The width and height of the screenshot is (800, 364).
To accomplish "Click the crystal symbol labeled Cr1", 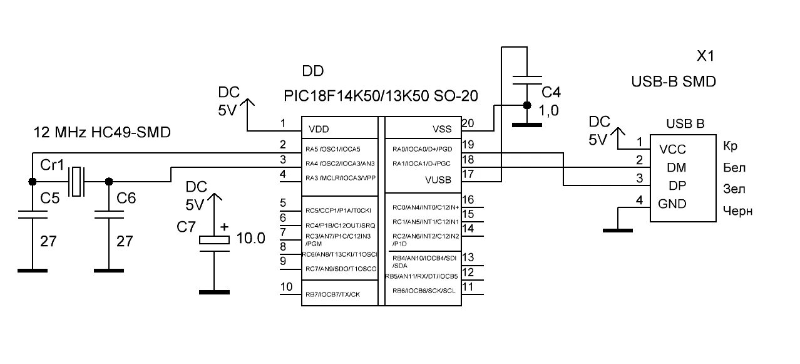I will point(76,181).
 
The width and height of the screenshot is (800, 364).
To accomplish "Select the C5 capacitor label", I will point(50,199).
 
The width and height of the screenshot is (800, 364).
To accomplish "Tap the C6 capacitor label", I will point(126,199).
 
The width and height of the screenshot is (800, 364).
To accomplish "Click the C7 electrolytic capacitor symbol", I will point(214,241).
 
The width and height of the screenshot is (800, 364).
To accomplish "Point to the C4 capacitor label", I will point(551,93).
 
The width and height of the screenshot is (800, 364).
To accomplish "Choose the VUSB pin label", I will point(438,180).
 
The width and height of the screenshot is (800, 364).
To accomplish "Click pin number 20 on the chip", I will point(468,123).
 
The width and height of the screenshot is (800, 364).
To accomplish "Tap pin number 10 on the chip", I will point(286,287).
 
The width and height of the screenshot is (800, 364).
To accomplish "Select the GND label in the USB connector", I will point(671,204).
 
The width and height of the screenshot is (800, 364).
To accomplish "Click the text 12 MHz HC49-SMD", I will point(101,133).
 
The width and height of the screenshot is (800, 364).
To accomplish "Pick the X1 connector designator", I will point(705,56).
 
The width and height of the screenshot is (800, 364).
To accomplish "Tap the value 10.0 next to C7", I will point(252,238).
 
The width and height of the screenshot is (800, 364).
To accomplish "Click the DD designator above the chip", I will point(313,71).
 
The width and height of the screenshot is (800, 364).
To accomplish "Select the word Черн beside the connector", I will point(737,211).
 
